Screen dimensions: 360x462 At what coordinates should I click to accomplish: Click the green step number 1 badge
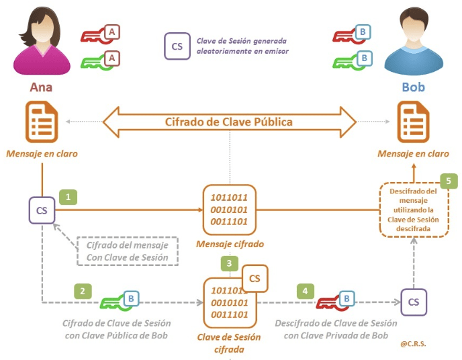click(x=68, y=197)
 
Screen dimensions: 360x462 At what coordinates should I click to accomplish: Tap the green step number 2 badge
click(x=82, y=291)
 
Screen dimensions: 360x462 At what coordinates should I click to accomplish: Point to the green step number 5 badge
click(x=449, y=181)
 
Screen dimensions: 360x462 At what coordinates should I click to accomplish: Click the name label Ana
click(x=41, y=87)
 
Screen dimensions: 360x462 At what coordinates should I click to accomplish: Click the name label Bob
click(x=413, y=87)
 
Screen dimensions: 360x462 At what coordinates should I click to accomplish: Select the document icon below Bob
click(x=413, y=122)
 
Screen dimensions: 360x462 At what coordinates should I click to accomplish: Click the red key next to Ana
click(x=101, y=34)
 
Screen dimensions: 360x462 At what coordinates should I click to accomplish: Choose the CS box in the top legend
click(x=177, y=46)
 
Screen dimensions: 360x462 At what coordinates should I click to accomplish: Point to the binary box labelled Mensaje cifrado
click(x=229, y=210)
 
